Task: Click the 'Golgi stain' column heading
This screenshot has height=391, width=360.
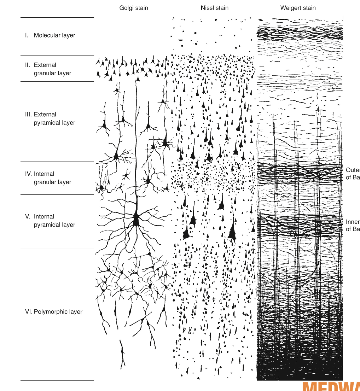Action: (x=133, y=7)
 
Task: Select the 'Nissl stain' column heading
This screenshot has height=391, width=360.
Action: (x=215, y=7)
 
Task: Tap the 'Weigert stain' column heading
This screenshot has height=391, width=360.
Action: (x=298, y=7)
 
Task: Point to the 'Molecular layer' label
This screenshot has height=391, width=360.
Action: (x=54, y=35)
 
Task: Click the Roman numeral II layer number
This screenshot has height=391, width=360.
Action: (x=27, y=65)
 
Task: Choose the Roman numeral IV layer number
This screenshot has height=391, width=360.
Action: (x=28, y=174)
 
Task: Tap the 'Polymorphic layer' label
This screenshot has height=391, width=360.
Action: (x=58, y=312)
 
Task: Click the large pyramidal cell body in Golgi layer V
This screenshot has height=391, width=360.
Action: (x=136, y=220)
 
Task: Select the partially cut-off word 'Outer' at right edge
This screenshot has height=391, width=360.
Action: (x=353, y=170)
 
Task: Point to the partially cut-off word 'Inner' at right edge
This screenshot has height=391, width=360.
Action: (x=353, y=222)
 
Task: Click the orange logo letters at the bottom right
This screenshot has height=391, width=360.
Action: (x=331, y=386)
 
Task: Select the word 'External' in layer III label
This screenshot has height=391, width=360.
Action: (x=45, y=115)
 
